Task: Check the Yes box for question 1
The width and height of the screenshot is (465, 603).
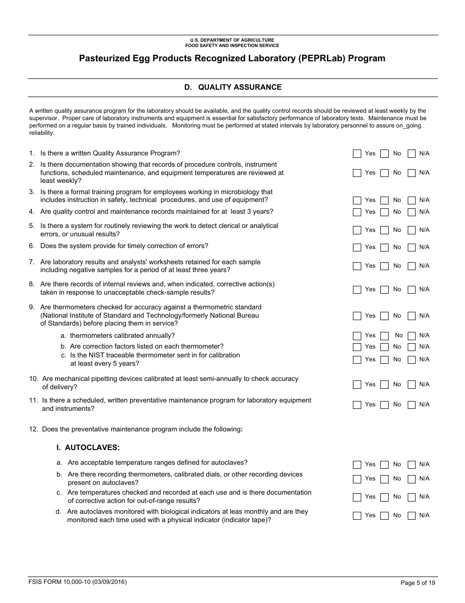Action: tap(357, 154)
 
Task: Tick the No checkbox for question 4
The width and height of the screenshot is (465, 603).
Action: tap(384, 212)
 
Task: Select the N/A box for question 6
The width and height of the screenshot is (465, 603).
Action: tap(412, 248)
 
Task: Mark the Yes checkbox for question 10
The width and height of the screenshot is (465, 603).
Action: tap(357, 385)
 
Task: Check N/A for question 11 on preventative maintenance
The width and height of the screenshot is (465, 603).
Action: tap(412, 405)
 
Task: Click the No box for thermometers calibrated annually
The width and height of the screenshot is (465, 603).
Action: tap(384, 336)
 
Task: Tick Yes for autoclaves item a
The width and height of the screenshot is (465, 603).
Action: tap(357, 465)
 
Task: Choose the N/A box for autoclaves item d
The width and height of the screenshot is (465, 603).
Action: tap(412, 516)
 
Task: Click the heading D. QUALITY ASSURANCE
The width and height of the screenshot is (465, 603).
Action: tap(232, 87)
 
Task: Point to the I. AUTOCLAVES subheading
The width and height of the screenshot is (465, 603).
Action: tap(88, 448)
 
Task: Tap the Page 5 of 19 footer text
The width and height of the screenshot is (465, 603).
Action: tap(417, 583)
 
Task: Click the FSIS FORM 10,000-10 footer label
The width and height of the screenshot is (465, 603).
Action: tap(77, 582)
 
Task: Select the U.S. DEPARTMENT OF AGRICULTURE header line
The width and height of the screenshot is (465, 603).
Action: tap(232, 40)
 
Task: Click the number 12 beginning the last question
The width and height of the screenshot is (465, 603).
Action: tap(33, 429)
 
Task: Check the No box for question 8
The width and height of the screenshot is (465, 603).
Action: tap(384, 290)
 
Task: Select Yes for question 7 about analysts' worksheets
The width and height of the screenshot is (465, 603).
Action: tap(357, 266)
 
